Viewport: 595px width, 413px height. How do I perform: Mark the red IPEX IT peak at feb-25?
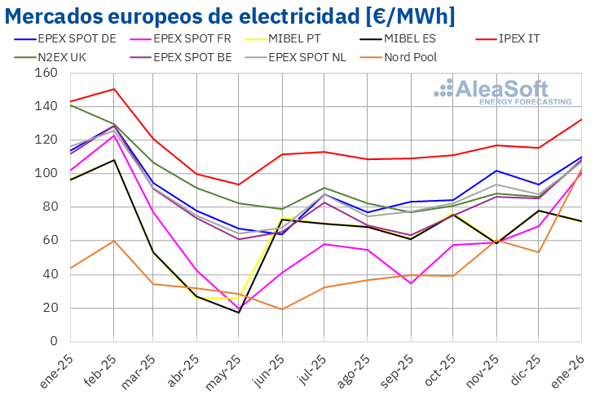[x=113, y=89]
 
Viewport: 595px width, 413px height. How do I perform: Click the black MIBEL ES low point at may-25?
[x=239, y=313]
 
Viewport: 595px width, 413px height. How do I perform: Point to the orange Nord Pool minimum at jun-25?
[x=282, y=309]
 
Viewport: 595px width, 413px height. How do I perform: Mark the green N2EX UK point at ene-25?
[x=70, y=105]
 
